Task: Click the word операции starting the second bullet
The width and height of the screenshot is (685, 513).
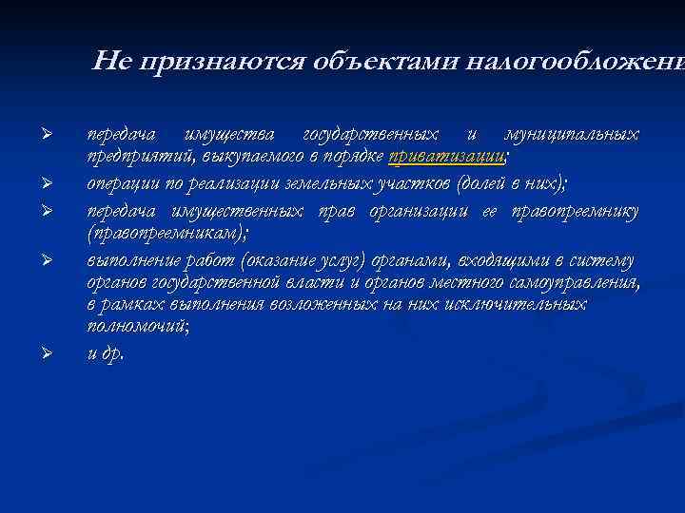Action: coord(120,181)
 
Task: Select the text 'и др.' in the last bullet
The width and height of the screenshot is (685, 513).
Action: coord(105,353)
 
